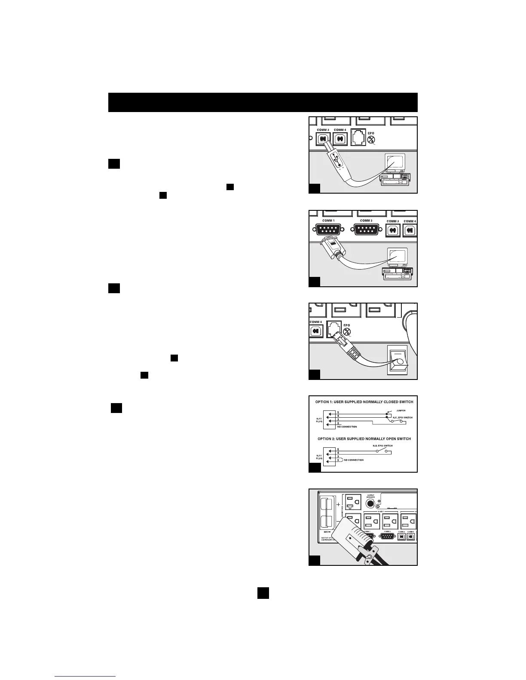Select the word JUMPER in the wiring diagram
pos(401,410)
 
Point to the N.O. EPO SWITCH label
pos(382,446)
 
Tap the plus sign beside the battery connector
pos(338,504)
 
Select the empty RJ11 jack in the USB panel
pos(358,138)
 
